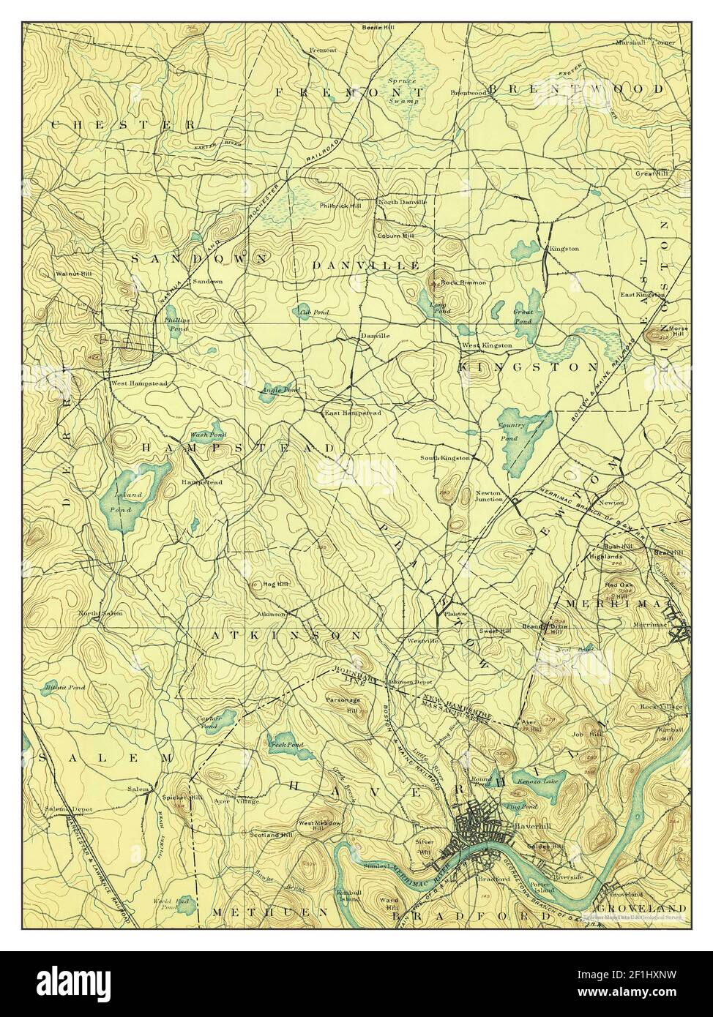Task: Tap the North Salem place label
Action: click(x=101, y=612)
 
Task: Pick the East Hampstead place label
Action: click(x=352, y=413)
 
